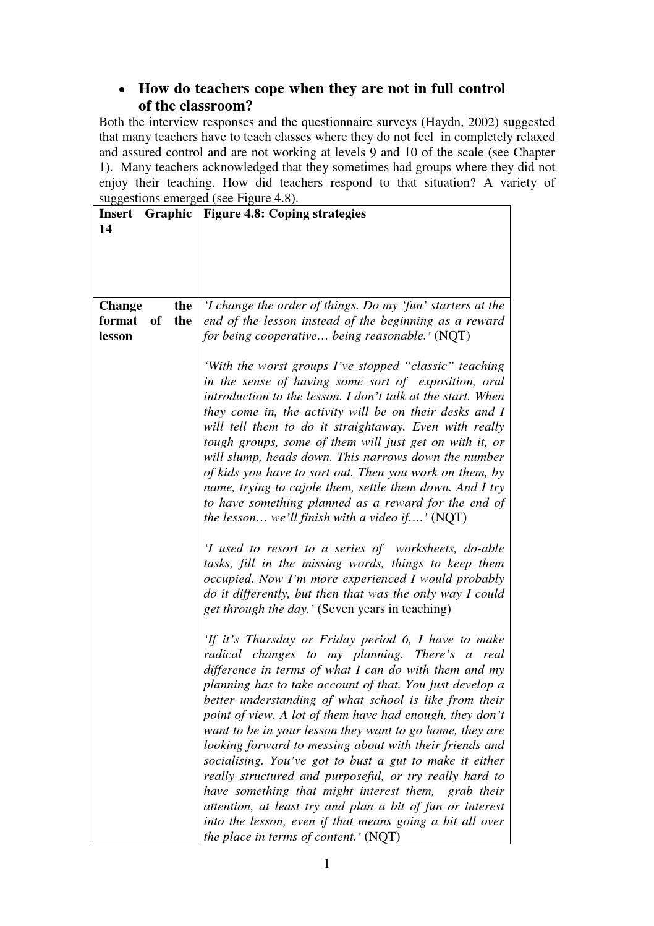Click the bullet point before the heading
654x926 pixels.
122,90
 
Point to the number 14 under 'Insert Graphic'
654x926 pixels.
106,229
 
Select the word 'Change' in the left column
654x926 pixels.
121,306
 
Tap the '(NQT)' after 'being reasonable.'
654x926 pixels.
452,336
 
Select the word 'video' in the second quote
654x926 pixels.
381,518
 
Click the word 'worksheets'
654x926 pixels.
425,549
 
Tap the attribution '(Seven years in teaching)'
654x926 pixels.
384,609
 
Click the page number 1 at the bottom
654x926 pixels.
327,864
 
